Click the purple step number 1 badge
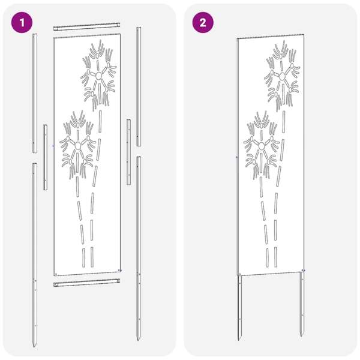pyautogui.click(x=22, y=23)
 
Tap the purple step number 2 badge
pyautogui.click(x=203, y=23)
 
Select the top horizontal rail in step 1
pyautogui.click(x=86, y=26)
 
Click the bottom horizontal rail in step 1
pyautogui.click(x=86, y=283)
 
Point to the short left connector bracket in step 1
pyautogui.click(x=46, y=157)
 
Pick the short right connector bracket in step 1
pyautogui.click(x=129, y=152)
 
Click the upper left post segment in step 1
pyautogui.click(x=35, y=93)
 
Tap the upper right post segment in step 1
pyautogui.click(x=139, y=86)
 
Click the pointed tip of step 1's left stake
pyautogui.click(x=34, y=346)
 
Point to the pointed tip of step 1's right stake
pyautogui.click(x=138, y=340)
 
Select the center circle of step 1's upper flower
pyautogui.click(x=98, y=76)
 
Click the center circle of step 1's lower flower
pyautogui.click(x=78, y=145)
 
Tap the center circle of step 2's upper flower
pyautogui.click(x=282, y=76)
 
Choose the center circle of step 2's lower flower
pyautogui.click(x=262, y=146)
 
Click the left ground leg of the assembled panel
pyautogui.click(x=239, y=308)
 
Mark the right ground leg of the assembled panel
pyautogui.click(x=302, y=304)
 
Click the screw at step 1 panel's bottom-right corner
pyautogui.click(x=119, y=271)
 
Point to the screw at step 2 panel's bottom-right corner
pyautogui.click(x=303, y=271)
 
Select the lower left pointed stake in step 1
pyautogui.click(x=35, y=256)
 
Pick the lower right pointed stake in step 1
pyautogui.click(x=139, y=248)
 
